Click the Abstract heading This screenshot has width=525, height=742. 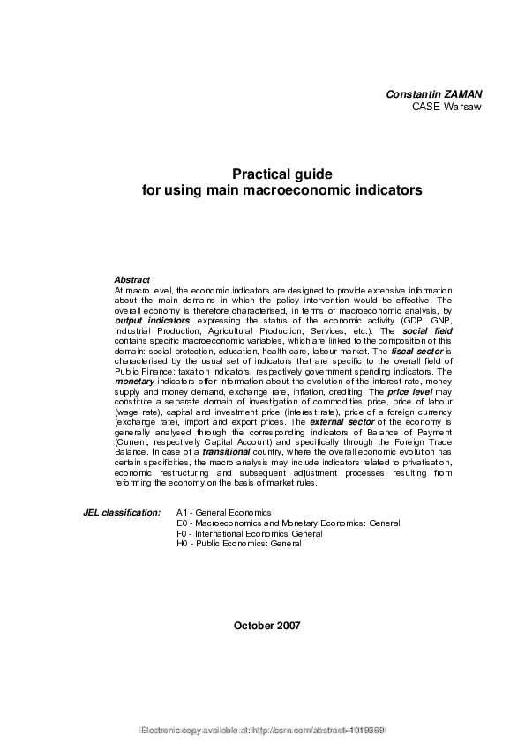pos(132,279)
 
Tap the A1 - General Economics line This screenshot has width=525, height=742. pos(224,512)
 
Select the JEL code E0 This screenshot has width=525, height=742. pos(182,523)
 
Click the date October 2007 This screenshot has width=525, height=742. pos(267,626)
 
